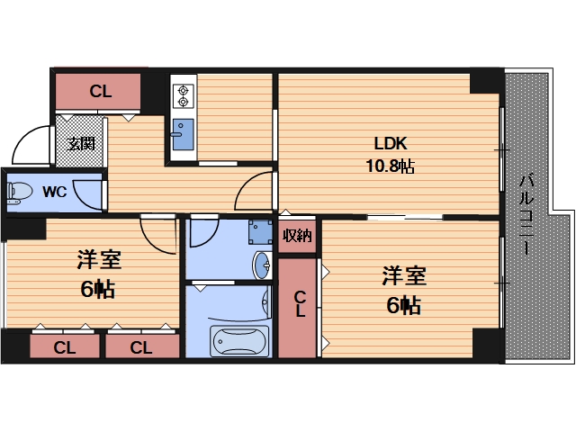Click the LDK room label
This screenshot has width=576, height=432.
(391, 143)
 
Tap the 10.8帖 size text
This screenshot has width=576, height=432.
(390, 166)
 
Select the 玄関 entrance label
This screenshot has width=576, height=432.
(81, 143)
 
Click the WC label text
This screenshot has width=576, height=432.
(54, 191)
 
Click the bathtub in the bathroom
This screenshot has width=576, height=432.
(238, 341)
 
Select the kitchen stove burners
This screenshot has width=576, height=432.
(183, 95)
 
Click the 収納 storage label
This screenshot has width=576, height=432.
(297, 237)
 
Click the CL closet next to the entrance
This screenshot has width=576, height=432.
(100, 90)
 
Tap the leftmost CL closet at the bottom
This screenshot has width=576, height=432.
(63, 346)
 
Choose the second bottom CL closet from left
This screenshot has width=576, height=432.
(140, 346)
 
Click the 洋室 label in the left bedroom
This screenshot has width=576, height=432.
(99, 261)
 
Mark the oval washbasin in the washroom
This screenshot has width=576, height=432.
(261, 265)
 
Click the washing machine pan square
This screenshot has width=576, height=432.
(260, 233)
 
